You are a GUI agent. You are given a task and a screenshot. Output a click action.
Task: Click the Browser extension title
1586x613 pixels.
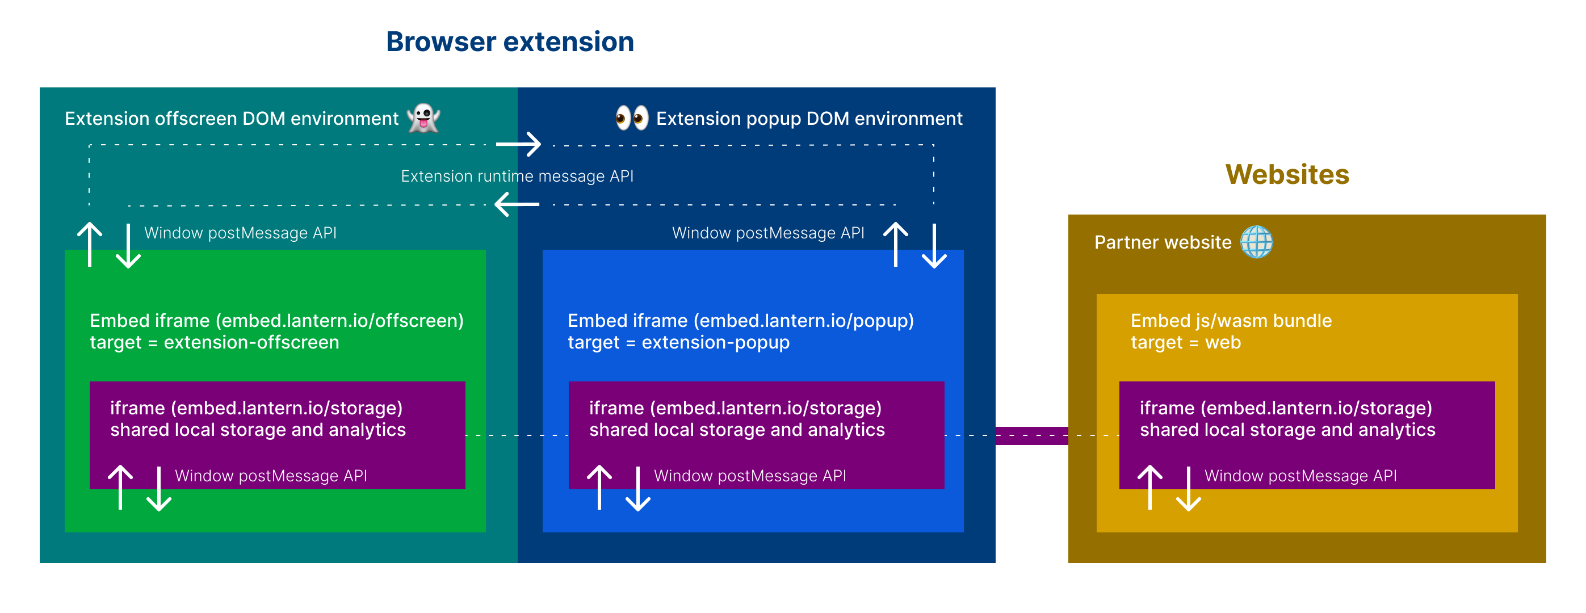[510, 42]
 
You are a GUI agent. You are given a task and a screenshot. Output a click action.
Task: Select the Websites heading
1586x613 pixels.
[1287, 174]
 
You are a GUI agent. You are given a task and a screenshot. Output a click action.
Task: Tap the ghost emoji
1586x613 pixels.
[423, 117]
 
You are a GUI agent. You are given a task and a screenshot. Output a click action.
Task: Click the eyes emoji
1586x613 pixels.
[632, 117]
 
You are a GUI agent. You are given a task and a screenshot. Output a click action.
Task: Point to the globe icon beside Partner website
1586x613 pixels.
[1256, 242]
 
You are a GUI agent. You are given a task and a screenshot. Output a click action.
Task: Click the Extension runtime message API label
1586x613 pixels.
[517, 176]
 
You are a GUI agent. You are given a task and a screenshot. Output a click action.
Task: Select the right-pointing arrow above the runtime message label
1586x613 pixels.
[518, 144]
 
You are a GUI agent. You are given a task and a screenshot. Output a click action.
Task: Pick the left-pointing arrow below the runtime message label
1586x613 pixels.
[517, 204]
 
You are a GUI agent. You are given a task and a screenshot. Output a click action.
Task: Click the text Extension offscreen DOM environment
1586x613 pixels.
[232, 118]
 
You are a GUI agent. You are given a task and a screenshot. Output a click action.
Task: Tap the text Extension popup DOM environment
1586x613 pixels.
[809, 118]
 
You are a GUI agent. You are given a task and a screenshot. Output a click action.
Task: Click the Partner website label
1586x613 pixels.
[1163, 242]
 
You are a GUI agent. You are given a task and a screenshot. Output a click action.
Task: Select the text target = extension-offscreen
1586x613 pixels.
[214, 342]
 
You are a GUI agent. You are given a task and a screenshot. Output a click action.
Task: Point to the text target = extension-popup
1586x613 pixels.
[678, 342]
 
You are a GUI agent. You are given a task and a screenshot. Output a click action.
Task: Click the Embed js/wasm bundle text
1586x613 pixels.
[1231, 321]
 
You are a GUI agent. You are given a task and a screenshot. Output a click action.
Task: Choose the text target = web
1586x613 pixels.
[1186, 342]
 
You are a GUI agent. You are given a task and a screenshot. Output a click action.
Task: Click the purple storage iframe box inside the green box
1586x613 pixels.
[277, 435]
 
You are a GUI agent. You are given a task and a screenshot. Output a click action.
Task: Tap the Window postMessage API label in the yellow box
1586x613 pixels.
[1300, 476]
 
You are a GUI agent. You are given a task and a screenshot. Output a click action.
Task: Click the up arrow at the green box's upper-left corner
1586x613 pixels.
[90, 244]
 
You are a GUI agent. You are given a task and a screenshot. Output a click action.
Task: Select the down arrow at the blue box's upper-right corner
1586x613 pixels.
[934, 246]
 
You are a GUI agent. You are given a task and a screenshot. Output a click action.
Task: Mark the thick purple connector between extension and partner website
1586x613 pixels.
[1032, 436]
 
